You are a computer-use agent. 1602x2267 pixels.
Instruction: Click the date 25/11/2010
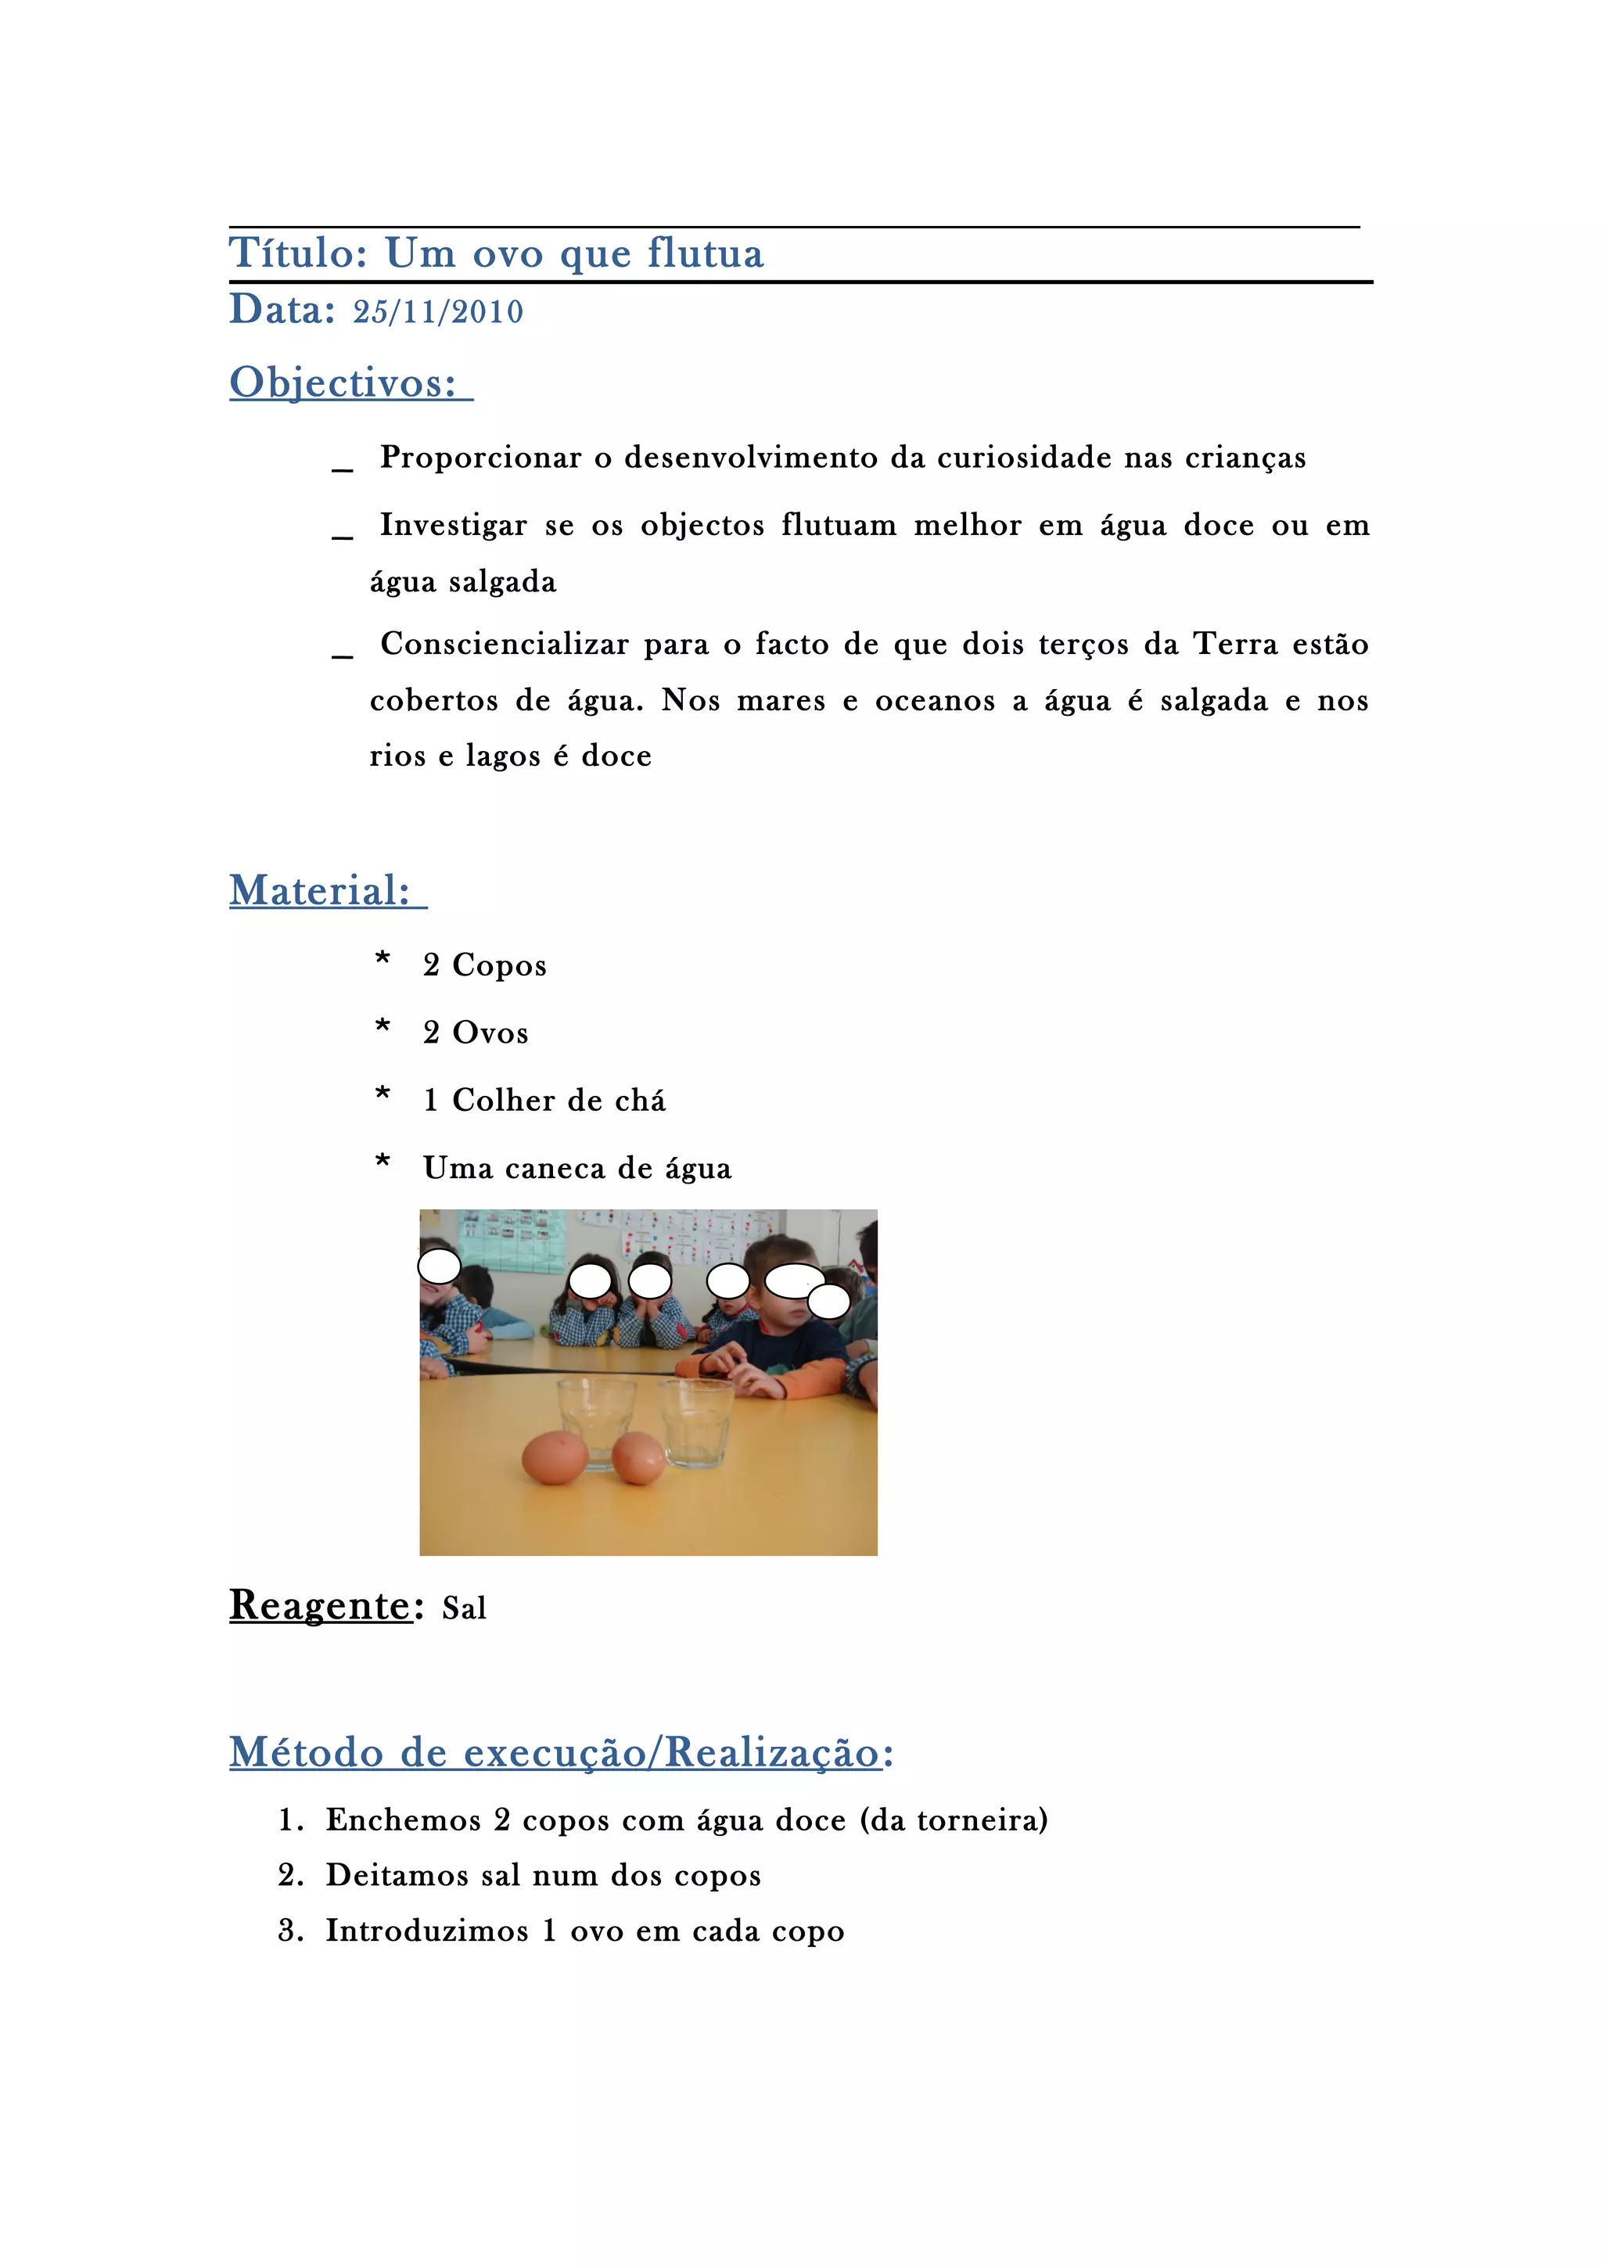pyautogui.click(x=438, y=312)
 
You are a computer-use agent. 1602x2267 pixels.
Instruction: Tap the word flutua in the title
pyautogui.click(x=706, y=253)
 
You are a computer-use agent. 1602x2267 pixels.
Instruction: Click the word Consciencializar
pyautogui.click(x=505, y=645)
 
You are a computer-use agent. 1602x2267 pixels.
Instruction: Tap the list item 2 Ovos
pyautogui.click(x=475, y=1033)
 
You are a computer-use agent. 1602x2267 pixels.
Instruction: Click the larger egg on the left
pyautogui.click(x=555, y=1457)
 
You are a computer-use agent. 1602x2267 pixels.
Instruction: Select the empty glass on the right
pyautogui.click(x=697, y=1423)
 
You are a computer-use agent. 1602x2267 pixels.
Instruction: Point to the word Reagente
pyautogui.click(x=320, y=1605)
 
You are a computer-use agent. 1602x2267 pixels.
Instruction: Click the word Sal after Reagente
pyautogui.click(x=464, y=1608)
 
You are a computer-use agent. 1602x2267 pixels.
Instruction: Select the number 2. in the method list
pyautogui.click(x=290, y=1875)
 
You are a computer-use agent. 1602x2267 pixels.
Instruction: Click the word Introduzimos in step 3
pyautogui.click(x=427, y=1931)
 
